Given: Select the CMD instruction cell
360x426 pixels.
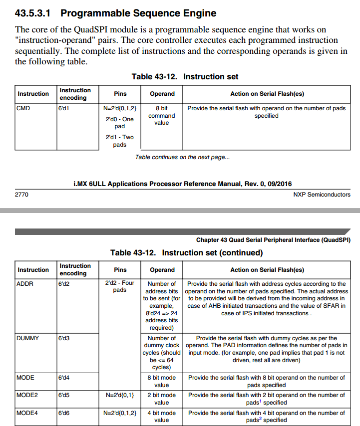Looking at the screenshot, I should pos(23,108).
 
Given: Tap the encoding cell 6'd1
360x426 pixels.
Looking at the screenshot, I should pos(63,108).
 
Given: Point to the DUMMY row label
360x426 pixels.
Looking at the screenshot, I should pos(27,338).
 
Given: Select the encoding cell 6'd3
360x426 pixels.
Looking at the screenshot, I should pos(63,338).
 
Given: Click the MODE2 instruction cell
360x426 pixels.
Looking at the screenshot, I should pos(26,395).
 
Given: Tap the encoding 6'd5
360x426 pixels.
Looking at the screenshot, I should pos(63,395).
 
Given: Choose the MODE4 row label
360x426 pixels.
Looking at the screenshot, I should pos(26,413).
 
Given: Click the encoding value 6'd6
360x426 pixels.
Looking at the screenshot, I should pos(63,413).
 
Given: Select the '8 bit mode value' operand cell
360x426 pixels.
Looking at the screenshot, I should pos(161,381).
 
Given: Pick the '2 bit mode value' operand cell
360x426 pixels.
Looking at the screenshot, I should pos(161,399).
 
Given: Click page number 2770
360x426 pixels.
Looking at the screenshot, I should pos(22,195).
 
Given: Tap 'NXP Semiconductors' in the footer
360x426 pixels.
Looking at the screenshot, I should pos(322,195).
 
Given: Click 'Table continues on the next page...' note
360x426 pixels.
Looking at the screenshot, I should pos(182,157).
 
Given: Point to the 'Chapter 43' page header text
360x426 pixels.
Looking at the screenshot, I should pos(273,240).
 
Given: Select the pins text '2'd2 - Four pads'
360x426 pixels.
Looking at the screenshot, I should pos(120,286).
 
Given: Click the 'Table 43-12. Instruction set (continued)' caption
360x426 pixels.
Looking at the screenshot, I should pos(186,253).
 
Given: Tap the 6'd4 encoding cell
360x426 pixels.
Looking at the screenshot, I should pos(63,378).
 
